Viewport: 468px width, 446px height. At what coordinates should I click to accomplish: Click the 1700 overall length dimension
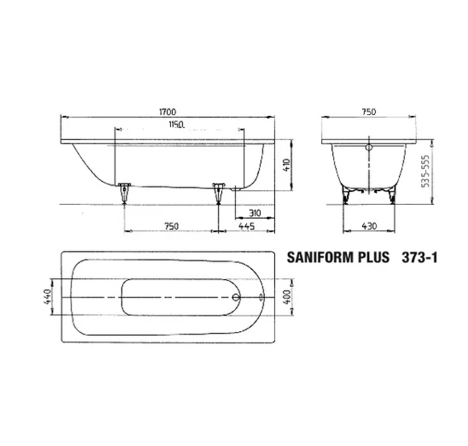point(167,111)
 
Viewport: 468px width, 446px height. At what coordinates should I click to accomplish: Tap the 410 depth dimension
point(286,164)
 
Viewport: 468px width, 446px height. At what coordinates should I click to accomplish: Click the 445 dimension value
point(246,226)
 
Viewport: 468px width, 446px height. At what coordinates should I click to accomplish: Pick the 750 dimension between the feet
point(171,226)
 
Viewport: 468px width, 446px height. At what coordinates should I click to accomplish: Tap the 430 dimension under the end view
point(369,226)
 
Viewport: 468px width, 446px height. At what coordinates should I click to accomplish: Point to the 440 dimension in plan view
point(47,297)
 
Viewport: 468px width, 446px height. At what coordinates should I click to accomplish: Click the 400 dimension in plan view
point(287,297)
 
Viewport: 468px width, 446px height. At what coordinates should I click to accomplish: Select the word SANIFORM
point(320,258)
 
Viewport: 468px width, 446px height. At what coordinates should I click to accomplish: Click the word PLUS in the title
point(373,258)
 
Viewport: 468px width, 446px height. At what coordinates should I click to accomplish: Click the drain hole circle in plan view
point(236,297)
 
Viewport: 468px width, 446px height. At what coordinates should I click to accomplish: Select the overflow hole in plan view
point(261,297)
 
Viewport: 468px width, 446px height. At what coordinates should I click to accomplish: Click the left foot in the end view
point(346,194)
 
